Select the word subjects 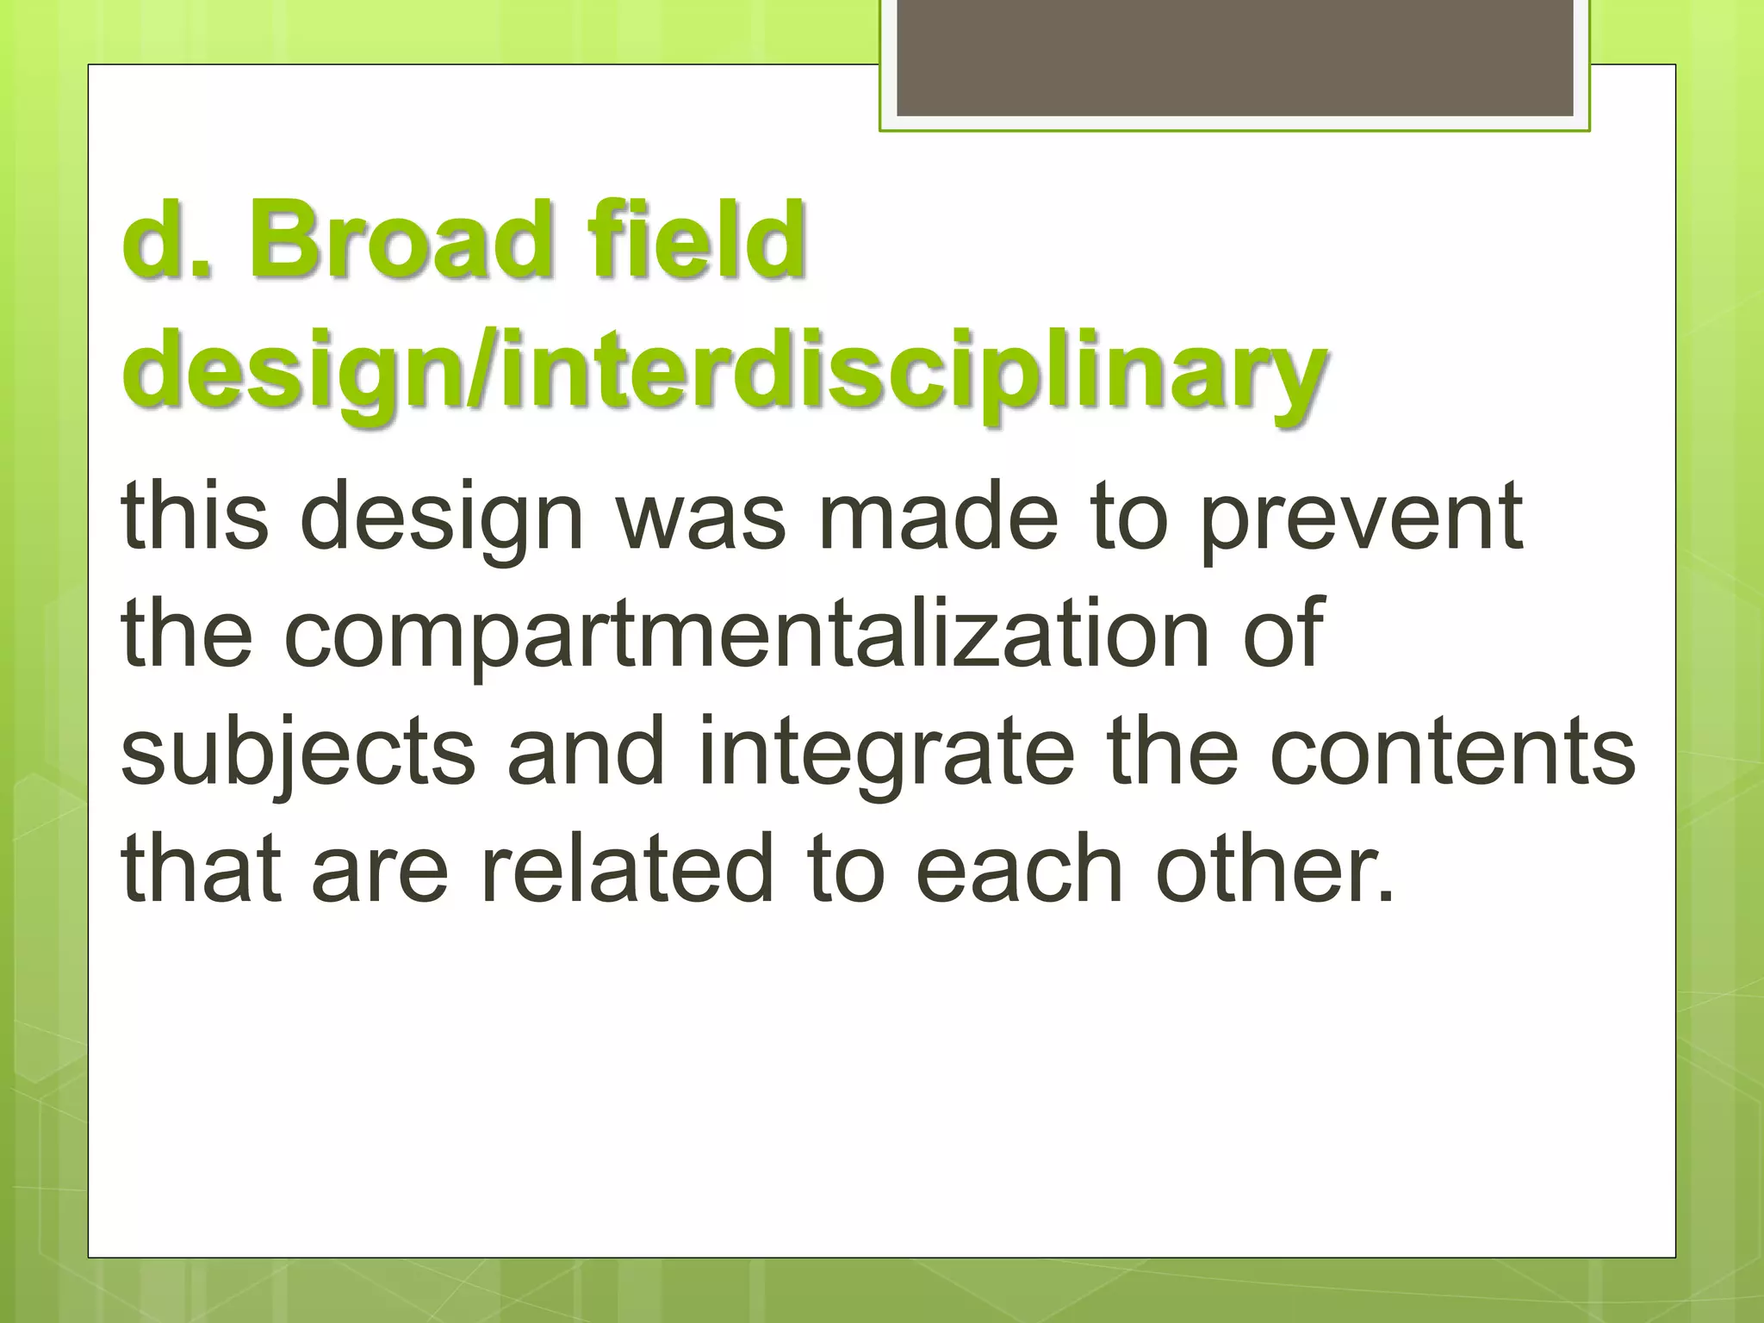[x=298, y=753]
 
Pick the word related [x=627, y=869]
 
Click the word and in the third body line [x=586, y=751]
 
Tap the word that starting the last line [x=202, y=869]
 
